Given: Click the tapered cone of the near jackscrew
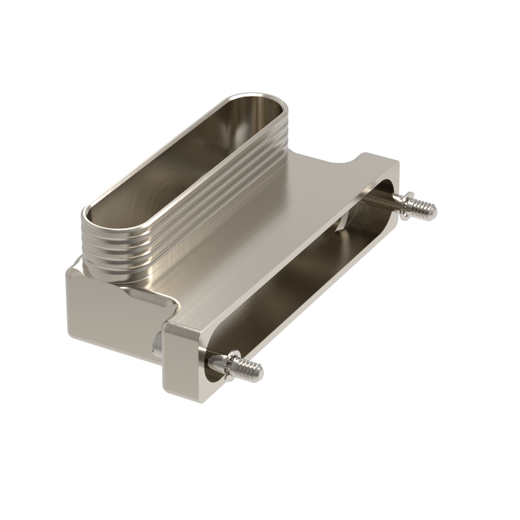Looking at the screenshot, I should [218, 362].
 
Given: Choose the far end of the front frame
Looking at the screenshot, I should [381, 168].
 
